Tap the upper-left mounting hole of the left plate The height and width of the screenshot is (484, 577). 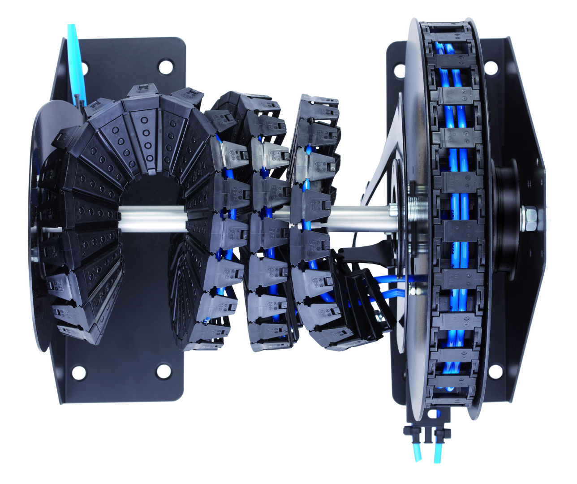click(x=84, y=68)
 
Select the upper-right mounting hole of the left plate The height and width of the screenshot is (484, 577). click(x=165, y=67)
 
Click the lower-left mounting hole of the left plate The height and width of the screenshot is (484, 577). click(x=79, y=372)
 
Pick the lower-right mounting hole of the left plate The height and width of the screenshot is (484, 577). click(x=164, y=371)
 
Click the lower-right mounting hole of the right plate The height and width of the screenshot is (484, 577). click(x=495, y=371)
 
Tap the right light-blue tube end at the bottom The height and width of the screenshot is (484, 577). click(x=437, y=454)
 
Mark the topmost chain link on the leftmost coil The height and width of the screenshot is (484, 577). click(x=140, y=91)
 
